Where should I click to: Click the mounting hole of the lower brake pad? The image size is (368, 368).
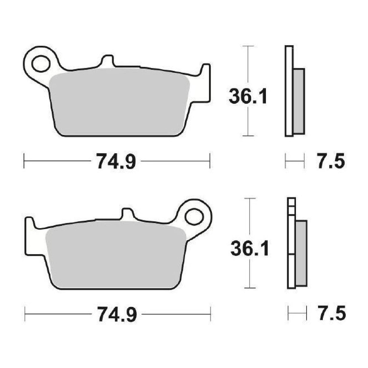click(194, 216)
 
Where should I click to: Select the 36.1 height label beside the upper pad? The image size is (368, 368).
click(248, 97)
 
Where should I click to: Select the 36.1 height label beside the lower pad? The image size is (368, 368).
click(249, 249)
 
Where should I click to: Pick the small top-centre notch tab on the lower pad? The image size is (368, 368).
click(127, 213)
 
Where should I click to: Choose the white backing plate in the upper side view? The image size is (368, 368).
click(289, 91)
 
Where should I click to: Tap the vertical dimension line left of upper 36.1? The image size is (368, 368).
click(248, 67)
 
